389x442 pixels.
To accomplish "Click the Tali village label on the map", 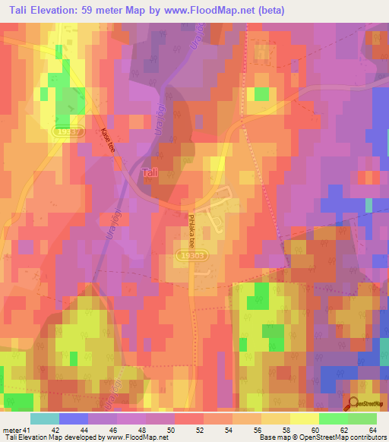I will tap(150, 173).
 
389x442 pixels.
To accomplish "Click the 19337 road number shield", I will tap(65, 131).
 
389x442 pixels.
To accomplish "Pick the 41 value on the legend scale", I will tap(27, 430).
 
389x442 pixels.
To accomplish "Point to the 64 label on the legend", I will tap(373, 430).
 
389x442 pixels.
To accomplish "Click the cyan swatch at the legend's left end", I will tap(44, 418).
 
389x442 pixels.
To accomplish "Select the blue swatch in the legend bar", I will tap(73, 418).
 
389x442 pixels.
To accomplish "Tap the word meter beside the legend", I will tap(12, 430).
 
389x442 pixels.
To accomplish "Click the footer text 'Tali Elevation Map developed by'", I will tap(49, 437).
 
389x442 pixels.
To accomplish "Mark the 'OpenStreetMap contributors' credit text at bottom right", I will tap(346, 437).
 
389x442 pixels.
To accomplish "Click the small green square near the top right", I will tap(261, 94).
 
